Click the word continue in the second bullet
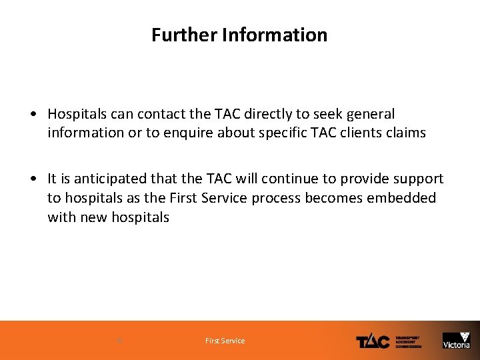click(287, 179)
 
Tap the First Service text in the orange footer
click(225, 341)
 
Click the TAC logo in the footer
click(373, 341)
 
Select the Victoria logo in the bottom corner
click(457, 340)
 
